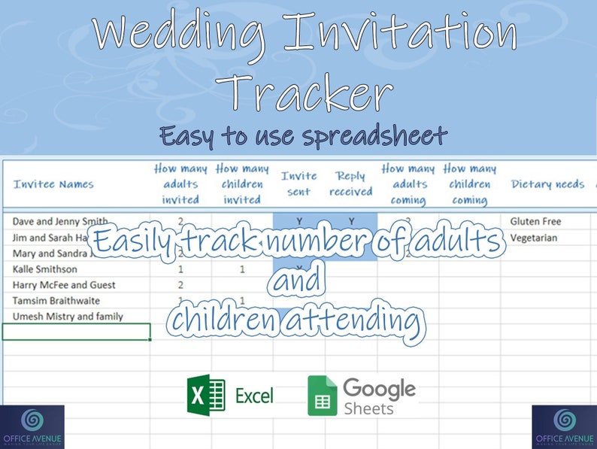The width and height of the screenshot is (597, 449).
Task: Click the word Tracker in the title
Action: pos(308,93)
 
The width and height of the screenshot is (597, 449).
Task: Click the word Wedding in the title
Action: pos(181,33)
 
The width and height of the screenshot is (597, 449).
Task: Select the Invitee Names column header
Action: pos(53,184)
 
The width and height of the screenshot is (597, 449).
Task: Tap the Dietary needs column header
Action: pos(547,184)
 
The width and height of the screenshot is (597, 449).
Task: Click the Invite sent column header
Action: pos(298,184)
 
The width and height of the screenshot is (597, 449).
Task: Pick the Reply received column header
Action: pos(350,184)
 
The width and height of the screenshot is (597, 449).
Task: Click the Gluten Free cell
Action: pos(535,222)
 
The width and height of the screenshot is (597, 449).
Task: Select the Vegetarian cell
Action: pos(533,238)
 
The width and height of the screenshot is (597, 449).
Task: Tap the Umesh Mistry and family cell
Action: pos(68,317)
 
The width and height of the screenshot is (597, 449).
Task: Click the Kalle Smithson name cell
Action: pos(45,269)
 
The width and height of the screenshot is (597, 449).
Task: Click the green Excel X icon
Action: pos(206,395)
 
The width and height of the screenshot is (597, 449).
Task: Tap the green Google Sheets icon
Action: pos(322,396)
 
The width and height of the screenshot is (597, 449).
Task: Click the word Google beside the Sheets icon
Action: pos(379,389)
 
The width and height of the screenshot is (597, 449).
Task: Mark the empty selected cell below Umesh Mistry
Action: pos(76,332)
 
